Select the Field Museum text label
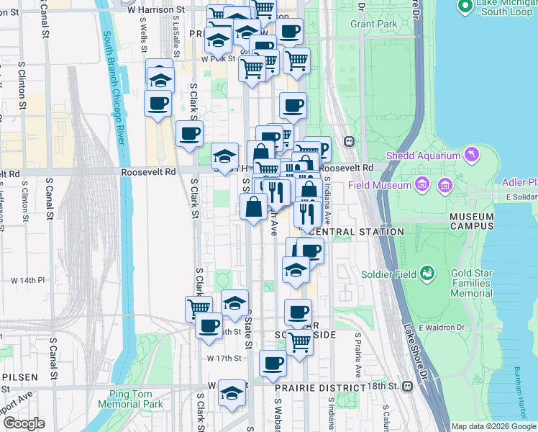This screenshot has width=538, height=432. pos(380,185)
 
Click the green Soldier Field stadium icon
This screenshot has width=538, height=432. pos(428,273)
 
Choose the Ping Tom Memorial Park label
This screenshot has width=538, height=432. pos(136,399)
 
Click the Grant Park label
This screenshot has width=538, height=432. pos(374,24)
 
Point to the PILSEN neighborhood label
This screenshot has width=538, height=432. pos(17,378)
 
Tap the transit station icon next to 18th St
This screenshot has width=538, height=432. pos(408,387)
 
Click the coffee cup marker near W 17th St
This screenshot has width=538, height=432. pos(273,364)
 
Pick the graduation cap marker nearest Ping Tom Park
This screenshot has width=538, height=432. pos(232,393)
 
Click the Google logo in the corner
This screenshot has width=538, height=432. pos(23,423)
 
